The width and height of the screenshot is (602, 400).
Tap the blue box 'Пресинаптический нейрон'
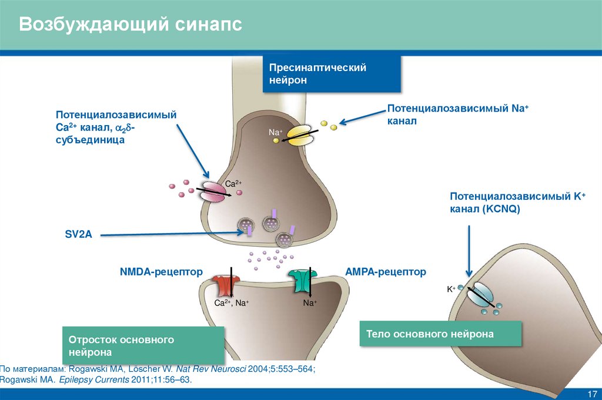coord(332,74)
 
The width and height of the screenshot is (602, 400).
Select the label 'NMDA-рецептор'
coord(161,272)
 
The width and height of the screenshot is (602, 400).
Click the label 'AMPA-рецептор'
coord(385,272)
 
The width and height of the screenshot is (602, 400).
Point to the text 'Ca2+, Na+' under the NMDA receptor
coord(231,303)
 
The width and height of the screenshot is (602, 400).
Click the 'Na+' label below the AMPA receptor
coord(310,303)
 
